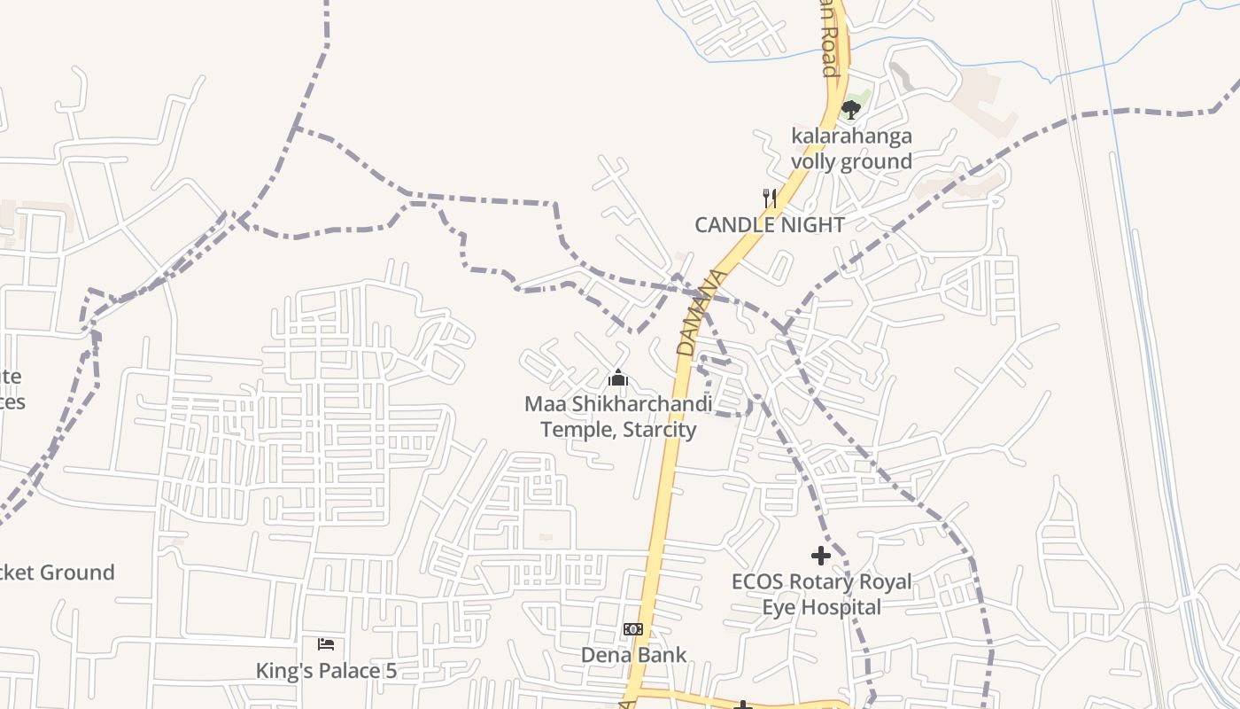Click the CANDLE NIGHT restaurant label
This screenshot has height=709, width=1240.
(x=769, y=225)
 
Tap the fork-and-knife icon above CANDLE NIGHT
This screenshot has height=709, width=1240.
(x=770, y=199)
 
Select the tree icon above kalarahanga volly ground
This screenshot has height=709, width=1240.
(x=851, y=110)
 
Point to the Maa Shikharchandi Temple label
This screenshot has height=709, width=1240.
(x=618, y=417)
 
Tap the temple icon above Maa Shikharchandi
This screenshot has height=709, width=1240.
(x=618, y=379)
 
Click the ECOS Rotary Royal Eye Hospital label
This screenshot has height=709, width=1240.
(x=821, y=595)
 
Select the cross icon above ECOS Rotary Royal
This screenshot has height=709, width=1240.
(x=821, y=556)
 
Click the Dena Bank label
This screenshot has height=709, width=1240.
(x=633, y=655)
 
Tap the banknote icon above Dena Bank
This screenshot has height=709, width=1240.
(x=633, y=629)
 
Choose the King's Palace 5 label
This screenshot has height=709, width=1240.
(x=326, y=671)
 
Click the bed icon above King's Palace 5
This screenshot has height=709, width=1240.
(x=326, y=644)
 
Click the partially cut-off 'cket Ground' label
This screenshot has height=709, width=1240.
(x=57, y=573)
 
